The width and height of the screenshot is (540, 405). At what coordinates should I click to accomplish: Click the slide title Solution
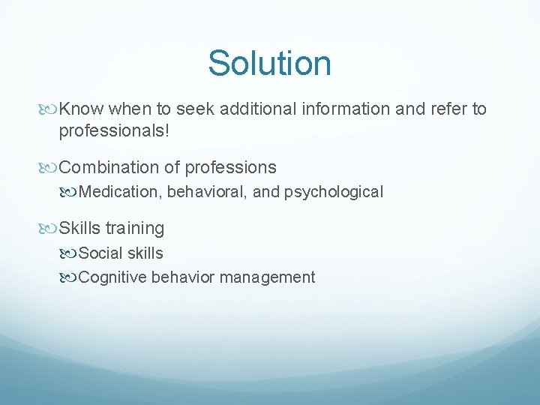pos(269,63)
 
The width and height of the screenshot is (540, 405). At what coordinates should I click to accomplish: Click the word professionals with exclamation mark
pos(115,131)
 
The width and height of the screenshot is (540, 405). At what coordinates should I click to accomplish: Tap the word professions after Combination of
pos(230,167)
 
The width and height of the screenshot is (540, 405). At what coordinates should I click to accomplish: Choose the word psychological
pos(334,192)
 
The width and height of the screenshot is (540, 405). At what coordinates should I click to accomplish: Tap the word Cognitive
pos(112,277)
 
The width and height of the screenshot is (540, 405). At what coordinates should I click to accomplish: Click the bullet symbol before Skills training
pos(50,228)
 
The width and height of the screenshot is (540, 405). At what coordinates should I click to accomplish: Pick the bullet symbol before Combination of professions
pos(50,167)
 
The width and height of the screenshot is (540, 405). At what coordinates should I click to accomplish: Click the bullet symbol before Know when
pos(50,109)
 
